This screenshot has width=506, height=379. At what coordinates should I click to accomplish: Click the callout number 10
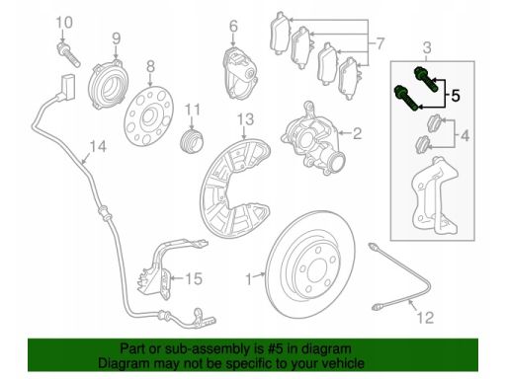pos(64,23)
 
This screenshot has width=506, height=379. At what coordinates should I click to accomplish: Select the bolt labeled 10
pos(68,54)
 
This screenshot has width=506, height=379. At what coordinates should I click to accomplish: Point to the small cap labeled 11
pos(193,141)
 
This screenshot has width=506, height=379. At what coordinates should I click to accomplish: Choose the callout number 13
pos(245,119)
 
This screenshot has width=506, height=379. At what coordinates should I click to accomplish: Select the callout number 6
pos(233,26)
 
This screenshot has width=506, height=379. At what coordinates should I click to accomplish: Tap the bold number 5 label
pos(455,96)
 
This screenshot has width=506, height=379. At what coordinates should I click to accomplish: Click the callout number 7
pos(379,43)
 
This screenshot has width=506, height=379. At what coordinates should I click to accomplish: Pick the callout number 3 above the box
pos(427,47)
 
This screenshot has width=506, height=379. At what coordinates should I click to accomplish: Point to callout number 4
pos(464,135)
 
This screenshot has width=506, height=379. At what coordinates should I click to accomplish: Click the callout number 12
pos(425,318)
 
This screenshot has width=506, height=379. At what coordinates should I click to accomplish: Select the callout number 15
pos(194,278)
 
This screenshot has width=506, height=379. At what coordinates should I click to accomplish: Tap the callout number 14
pos(98,146)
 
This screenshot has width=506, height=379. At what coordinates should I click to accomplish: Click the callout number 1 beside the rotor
pos(249,279)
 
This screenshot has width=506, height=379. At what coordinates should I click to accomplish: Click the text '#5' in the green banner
pos(274,348)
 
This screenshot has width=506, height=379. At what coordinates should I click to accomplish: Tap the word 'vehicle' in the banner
pos(342,363)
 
